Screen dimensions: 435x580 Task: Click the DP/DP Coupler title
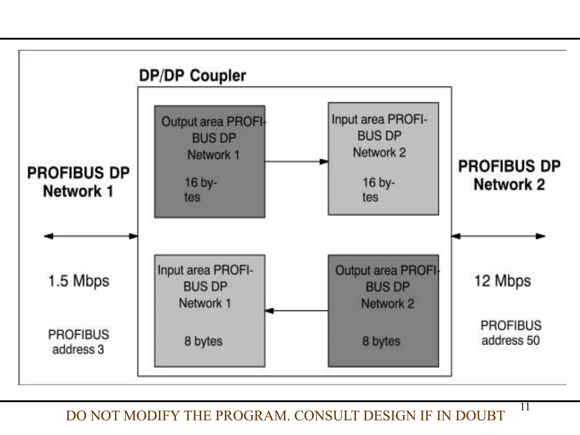(193, 76)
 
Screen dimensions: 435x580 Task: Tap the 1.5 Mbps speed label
(79, 281)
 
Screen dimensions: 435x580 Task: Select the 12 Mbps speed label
(502, 281)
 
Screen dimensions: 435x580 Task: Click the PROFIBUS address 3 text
(78, 342)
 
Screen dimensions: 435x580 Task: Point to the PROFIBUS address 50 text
(511, 333)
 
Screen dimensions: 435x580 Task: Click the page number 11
(525, 407)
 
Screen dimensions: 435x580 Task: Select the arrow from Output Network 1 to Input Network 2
(296, 162)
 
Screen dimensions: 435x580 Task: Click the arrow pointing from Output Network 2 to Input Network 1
(296, 311)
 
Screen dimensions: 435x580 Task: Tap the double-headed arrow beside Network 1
(91, 236)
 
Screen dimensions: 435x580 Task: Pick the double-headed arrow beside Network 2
(498, 236)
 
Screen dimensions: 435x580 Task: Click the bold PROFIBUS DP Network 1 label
(78, 182)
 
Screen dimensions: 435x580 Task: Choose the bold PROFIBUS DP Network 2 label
(509, 176)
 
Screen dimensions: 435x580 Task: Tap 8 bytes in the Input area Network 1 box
(203, 341)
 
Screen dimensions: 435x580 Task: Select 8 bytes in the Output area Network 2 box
(381, 341)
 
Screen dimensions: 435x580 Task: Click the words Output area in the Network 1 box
(193, 122)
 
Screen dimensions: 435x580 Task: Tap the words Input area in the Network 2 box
(357, 120)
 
